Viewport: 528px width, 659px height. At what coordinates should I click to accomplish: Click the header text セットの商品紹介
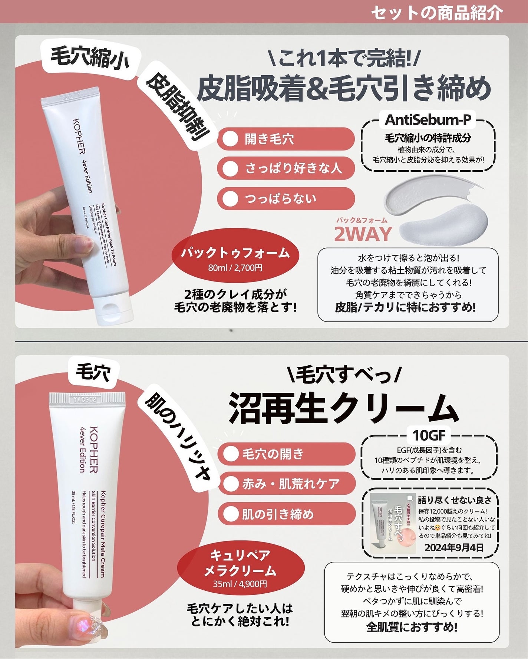click(436, 13)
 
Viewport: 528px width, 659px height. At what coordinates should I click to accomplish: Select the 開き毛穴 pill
click(286, 139)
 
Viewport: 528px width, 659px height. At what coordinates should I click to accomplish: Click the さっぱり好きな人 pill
click(286, 168)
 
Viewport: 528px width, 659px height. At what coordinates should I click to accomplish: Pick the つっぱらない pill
click(286, 199)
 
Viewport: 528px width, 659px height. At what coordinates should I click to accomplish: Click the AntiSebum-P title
click(428, 120)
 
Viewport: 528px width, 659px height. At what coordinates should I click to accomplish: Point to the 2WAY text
click(363, 234)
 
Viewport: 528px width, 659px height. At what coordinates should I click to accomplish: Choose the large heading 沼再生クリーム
click(343, 408)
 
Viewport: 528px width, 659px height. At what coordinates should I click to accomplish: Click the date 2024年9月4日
click(454, 547)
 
